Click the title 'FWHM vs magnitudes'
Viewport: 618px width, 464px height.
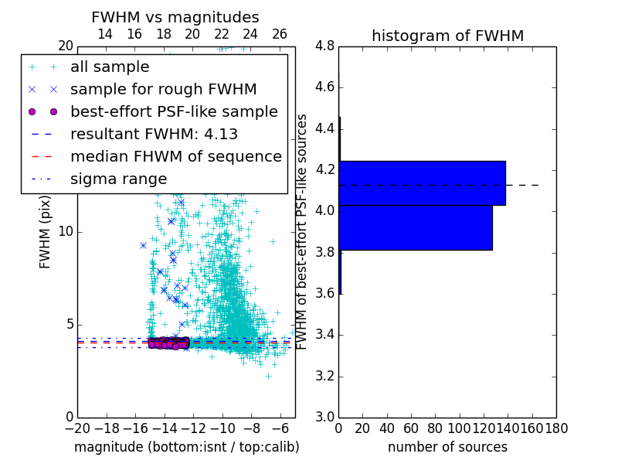(175, 17)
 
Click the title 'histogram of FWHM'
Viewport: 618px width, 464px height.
(447, 36)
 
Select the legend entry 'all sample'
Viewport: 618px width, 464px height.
(110, 67)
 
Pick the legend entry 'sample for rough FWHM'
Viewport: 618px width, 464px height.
(163, 90)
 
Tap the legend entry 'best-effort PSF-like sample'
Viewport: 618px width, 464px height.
(174, 112)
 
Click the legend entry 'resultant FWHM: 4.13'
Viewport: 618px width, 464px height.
(154, 135)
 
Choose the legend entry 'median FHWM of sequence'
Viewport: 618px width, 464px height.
(175, 157)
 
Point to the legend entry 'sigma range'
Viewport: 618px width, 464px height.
(118, 179)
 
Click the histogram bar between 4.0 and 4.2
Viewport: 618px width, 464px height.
(422, 183)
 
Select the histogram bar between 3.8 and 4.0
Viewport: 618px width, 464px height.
(416, 227)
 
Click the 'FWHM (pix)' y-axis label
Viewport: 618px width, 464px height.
(45, 231)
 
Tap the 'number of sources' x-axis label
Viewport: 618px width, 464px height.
(447, 447)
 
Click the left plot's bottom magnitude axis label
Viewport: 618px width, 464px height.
(186, 447)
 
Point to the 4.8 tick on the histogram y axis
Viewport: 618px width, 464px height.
(324, 46)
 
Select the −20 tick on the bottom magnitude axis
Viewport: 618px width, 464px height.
(76, 428)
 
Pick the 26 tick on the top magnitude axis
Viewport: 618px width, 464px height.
(280, 34)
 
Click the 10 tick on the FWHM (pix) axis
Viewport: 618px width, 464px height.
(66, 231)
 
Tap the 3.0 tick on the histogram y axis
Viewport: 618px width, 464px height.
(324, 417)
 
